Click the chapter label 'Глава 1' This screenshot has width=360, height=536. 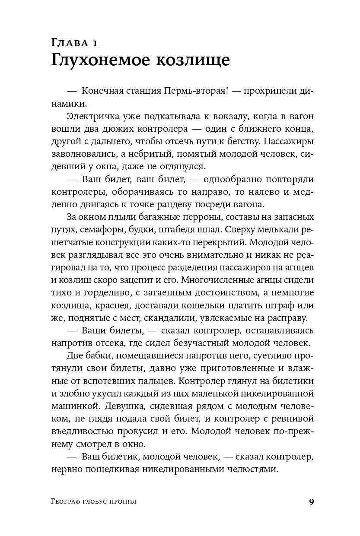click(75, 42)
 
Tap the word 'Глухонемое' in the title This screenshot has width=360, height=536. click(103, 60)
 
